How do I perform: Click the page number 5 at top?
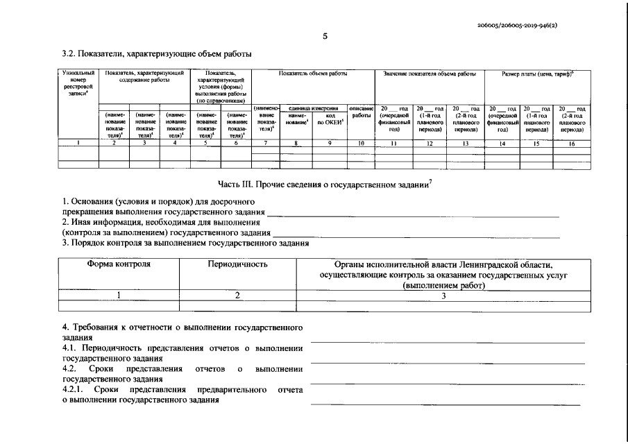click(325, 37)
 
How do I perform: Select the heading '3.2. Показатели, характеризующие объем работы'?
click(156, 53)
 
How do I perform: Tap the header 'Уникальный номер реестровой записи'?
click(78, 83)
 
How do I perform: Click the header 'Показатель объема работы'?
click(312, 73)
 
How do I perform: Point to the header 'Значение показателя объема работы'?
click(430, 73)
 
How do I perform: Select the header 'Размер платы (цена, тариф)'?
click(536, 73)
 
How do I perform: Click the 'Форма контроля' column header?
click(119, 264)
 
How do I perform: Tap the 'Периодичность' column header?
click(237, 264)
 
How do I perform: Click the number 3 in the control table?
click(443, 295)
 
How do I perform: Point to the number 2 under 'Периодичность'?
click(237, 295)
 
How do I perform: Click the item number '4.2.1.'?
click(74, 390)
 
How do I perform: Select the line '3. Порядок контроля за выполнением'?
click(185, 243)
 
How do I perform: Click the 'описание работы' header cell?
click(361, 112)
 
